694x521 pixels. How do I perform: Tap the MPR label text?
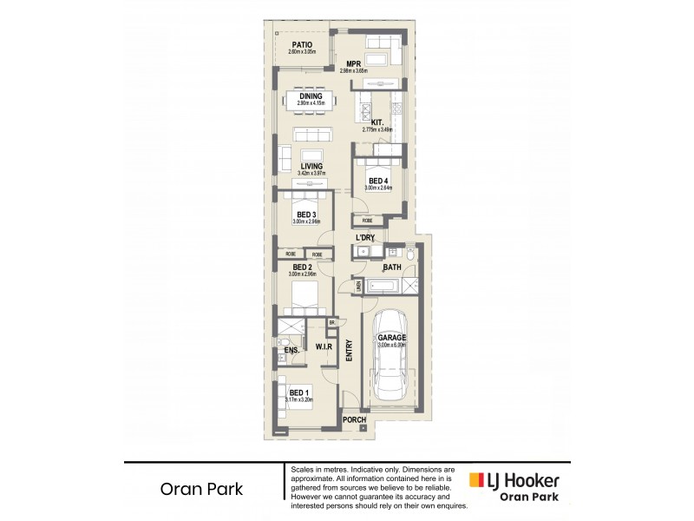click(x=353, y=63)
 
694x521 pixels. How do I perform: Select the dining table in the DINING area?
click(x=310, y=97)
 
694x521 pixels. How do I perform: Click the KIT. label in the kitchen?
click(x=377, y=122)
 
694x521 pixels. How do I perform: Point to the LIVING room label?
click(x=311, y=166)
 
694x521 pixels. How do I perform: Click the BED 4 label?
click(x=379, y=181)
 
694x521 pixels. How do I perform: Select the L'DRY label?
click(x=364, y=238)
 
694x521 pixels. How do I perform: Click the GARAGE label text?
click(x=391, y=338)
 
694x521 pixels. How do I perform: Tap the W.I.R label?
click(x=324, y=346)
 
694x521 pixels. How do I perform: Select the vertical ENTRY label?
click(x=350, y=350)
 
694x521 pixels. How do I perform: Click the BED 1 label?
click(x=298, y=392)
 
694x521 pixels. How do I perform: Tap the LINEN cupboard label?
click(x=357, y=285)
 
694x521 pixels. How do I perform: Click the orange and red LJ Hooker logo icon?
click(x=476, y=480)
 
